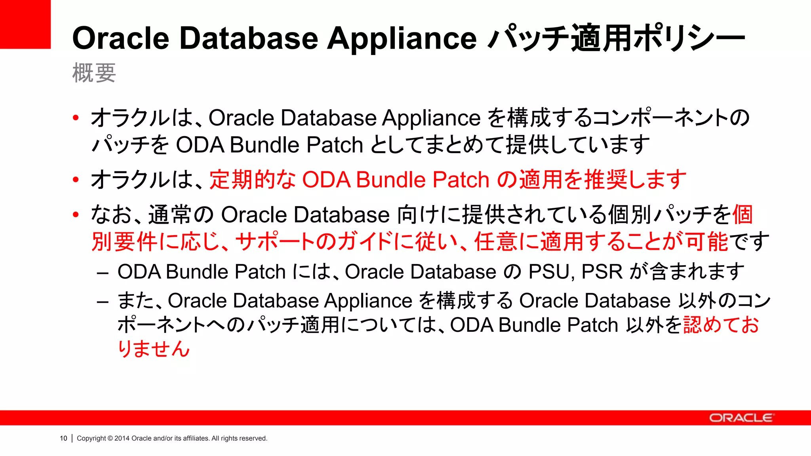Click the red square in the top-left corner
[x=25, y=24]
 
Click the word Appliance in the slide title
[x=402, y=39]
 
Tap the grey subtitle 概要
[x=94, y=73]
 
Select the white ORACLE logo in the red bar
[x=741, y=418]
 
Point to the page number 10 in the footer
[x=63, y=438]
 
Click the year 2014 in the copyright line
[x=122, y=438]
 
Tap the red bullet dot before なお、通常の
[x=76, y=215]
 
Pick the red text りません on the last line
[x=154, y=349]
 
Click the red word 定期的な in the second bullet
[x=253, y=179]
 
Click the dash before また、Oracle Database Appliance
[x=103, y=302]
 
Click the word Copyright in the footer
[x=91, y=438]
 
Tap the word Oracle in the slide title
[x=121, y=39]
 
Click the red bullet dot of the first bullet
[x=76, y=118]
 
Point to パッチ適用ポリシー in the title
[x=616, y=39]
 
